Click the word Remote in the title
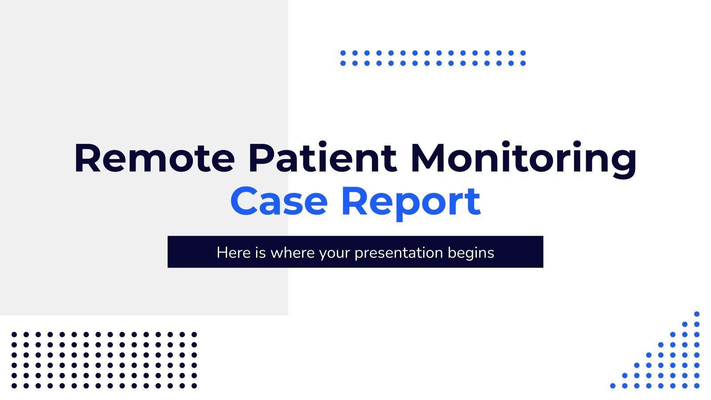pos(154,158)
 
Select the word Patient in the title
pos(322,158)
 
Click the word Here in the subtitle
pos(234,252)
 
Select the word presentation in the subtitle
pos(399,253)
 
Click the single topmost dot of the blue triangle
pos(697,314)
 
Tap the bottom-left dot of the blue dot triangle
pos(613,386)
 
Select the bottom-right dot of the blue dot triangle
pos(697,386)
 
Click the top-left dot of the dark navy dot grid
pos(14,334)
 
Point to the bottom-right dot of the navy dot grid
pos(194,386)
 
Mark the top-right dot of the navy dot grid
pos(194,334)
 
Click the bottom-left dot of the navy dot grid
pos(14,386)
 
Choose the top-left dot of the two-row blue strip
pos(343,53)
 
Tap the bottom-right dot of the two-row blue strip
pos(523,63)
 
